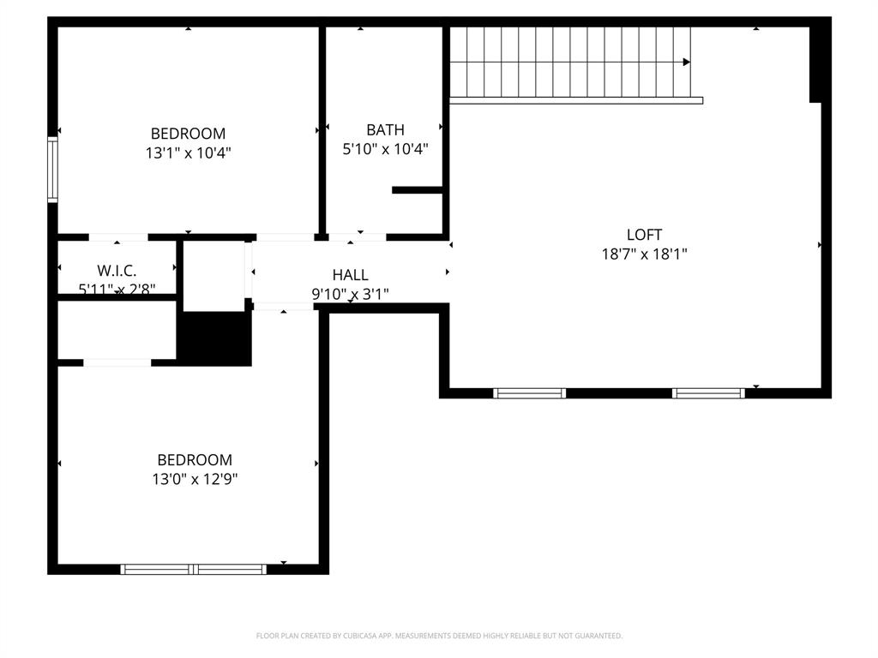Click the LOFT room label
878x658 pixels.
point(644,235)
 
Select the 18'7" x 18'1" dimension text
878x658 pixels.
point(644,254)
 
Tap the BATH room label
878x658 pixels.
point(385,130)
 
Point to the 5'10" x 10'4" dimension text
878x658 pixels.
point(385,149)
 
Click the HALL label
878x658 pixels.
point(350,275)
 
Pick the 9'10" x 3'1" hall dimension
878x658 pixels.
point(350,294)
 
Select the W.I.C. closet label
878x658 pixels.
point(117,271)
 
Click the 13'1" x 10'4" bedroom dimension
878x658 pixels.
point(188,153)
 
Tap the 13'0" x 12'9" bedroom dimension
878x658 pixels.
point(195,480)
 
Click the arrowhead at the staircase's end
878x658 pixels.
point(686,62)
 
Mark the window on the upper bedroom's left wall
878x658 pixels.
point(52,170)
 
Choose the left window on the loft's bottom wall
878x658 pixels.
point(529,393)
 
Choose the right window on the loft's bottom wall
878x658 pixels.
point(708,393)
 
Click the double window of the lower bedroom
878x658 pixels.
point(194,569)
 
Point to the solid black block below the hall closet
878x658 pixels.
point(214,338)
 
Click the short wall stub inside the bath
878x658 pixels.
point(418,190)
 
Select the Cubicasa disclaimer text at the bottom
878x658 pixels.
point(439,636)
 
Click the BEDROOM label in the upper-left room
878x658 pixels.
point(188,134)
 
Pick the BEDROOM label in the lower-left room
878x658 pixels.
point(195,460)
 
